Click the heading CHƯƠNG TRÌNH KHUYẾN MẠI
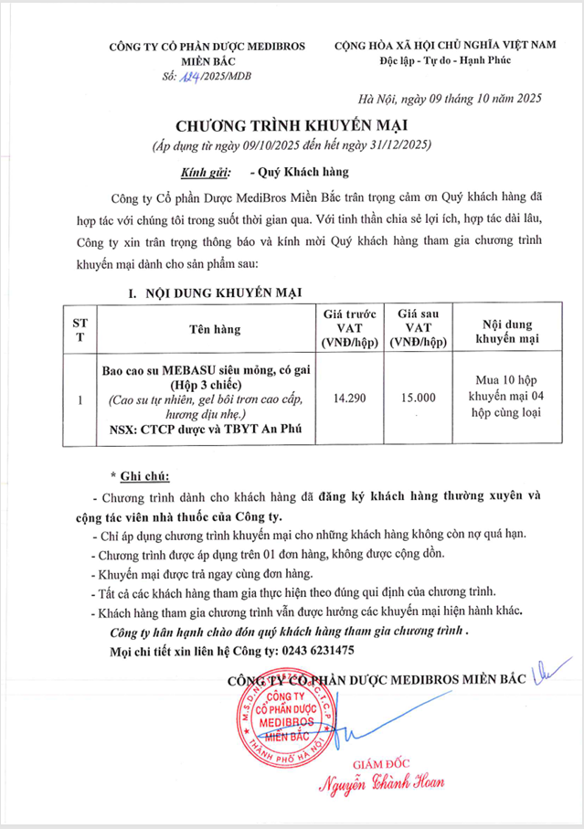291,124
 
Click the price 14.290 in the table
352,399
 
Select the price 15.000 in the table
419,399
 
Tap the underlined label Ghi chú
139,476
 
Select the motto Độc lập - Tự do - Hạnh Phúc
445,60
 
